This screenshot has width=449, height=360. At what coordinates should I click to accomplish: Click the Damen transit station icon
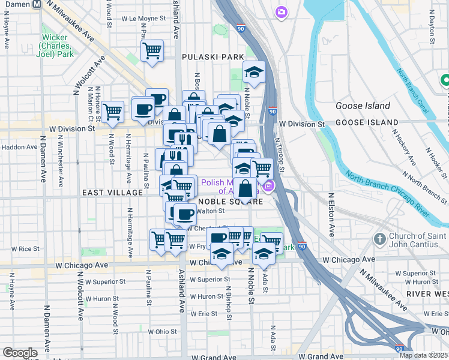[x=37, y=4]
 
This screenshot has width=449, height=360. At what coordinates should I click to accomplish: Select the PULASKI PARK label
[x=209, y=56]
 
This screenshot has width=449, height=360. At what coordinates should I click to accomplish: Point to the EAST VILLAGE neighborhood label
[x=113, y=193]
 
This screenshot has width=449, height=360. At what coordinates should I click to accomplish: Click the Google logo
[x=20, y=352]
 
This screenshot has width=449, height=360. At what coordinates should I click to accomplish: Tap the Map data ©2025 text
[x=423, y=355]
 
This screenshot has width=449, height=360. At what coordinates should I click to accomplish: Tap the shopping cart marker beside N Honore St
[x=112, y=111]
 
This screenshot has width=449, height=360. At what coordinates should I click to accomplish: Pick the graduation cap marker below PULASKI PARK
[x=255, y=73]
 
